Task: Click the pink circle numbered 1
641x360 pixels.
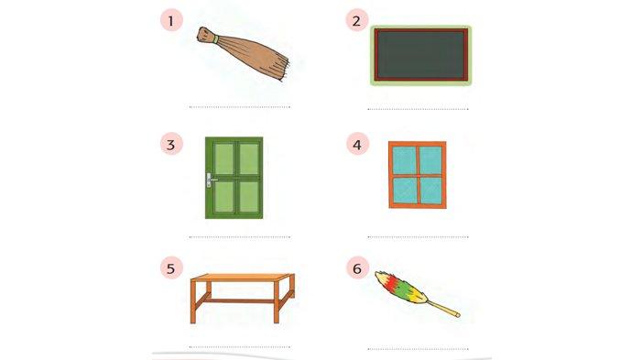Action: pyautogui.click(x=171, y=20)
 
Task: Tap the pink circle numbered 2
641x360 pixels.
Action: pyautogui.click(x=357, y=20)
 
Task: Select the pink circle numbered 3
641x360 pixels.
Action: pyautogui.click(x=171, y=144)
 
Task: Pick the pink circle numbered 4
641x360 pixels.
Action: pyautogui.click(x=358, y=144)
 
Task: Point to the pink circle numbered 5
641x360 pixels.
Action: pyautogui.click(x=171, y=268)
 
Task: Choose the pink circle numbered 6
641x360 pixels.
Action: pyautogui.click(x=358, y=268)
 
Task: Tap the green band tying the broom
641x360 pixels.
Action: pyautogui.click(x=216, y=38)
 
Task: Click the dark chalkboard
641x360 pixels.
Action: pyautogui.click(x=420, y=55)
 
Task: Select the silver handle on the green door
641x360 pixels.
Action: pyautogui.click(x=211, y=180)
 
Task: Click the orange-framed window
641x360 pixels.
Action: pyautogui.click(x=418, y=175)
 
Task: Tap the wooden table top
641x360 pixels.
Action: pyautogui.click(x=243, y=278)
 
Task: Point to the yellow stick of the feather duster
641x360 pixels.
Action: pyautogui.click(x=443, y=309)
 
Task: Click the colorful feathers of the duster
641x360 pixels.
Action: pyautogui.click(x=401, y=288)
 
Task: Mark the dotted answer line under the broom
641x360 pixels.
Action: pyautogui.click(x=240, y=107)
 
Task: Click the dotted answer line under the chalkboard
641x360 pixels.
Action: pyautogui.click(x=418, y=109)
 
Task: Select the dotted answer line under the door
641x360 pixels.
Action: pyautogui.click(x=240, y=237)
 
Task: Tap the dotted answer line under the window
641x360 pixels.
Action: pyautogui.click(x=418, y=237)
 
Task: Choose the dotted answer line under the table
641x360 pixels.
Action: pyautogui.click(x=240, y=347)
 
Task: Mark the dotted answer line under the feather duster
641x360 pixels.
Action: pyautogui.click(x=418, y=349)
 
